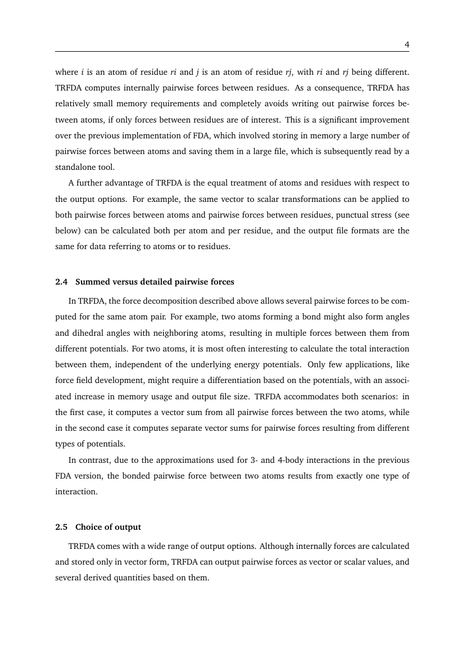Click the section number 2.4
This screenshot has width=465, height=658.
(61, 281)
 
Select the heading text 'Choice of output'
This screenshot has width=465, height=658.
(108, 527)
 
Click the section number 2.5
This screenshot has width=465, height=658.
(61, 527)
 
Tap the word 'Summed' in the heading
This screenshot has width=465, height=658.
(90, 281)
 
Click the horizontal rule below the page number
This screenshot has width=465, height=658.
(232, 53)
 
